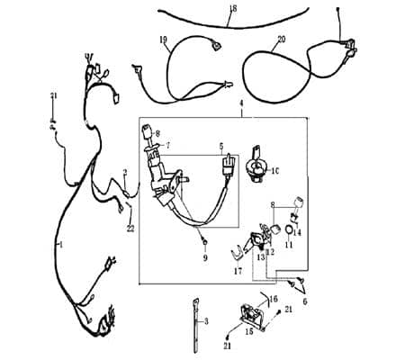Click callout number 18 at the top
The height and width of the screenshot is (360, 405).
coord(232,8)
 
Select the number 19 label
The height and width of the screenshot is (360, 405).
coord(164,40)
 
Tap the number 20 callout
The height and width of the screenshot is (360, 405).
coord(281,40)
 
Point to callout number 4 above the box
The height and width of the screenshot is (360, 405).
coord(241,106)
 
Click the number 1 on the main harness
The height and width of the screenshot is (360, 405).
coord(59,243)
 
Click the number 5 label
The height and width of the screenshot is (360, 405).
coord(220,144)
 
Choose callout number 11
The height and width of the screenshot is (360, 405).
coord(289,244)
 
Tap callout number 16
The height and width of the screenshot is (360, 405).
coord(274,297)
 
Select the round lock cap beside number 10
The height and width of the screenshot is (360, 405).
coord(258,166)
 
